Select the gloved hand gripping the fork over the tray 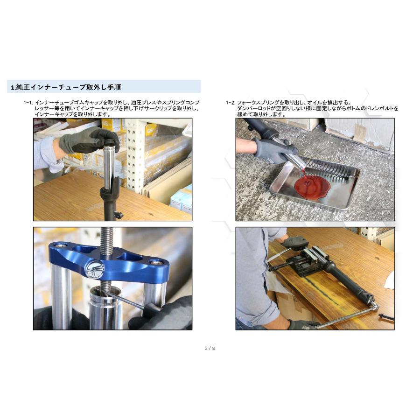(275, 150)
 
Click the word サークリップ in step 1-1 (152, 108)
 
